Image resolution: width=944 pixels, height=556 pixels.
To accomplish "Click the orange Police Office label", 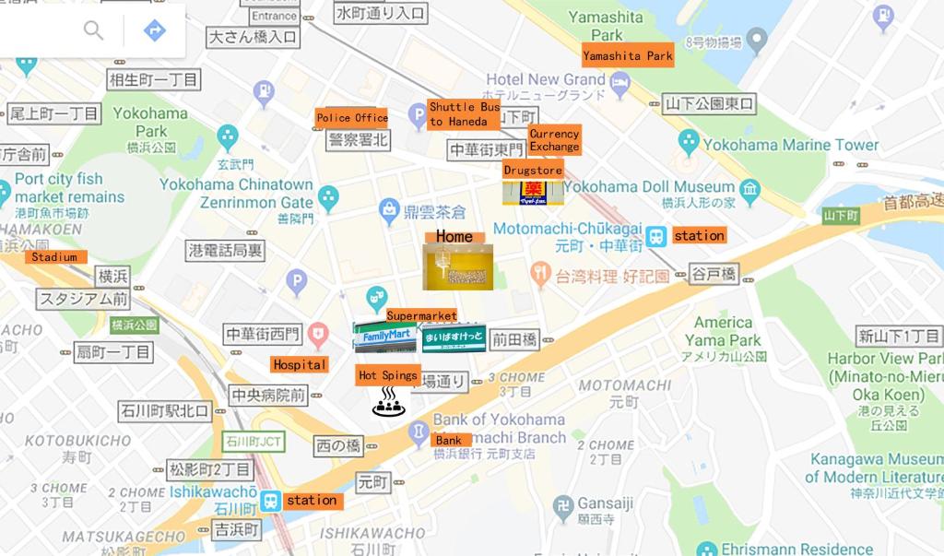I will [x=351, y=118].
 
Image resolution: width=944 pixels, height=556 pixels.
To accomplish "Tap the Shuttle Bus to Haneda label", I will [x=464, y=114].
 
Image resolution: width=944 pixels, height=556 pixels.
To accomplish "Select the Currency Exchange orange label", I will [x=554, y=140].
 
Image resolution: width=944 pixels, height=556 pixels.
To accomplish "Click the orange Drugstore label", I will [x=533, y=171].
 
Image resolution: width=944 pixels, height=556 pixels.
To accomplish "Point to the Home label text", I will [x=454, y=237].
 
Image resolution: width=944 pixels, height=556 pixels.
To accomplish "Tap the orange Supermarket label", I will [x=421, y=315].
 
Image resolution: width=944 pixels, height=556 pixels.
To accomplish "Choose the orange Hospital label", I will [x=300, y=364].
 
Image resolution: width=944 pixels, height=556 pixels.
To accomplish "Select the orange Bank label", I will [x=450, y=441].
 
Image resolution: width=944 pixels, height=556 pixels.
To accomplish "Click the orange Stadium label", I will [x=54, y=257].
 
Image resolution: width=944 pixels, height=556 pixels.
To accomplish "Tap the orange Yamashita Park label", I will [x=628, y=56].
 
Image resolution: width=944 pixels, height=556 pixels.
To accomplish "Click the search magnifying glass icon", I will [x=94, y=30].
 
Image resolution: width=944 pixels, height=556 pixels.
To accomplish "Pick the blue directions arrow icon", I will [x=155, y=30].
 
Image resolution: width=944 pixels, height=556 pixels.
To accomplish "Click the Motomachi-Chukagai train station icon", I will [x=655, y=236].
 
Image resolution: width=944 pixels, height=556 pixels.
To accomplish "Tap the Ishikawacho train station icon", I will [x=270, y=501].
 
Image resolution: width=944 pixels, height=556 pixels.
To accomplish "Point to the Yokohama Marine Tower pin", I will [x=688, y=143].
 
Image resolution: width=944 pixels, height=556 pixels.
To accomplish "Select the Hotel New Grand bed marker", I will [x=619, y=87].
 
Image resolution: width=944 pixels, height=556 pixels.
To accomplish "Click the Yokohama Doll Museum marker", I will [x=749, y=190].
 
